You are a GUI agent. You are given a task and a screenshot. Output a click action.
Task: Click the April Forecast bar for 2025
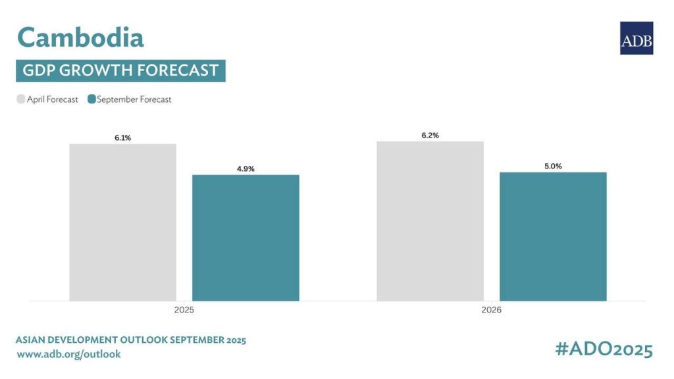[x=122, y=222]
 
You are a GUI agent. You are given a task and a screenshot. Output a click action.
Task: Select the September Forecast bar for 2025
[x=246, y=238]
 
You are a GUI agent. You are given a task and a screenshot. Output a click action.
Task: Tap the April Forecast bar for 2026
[x=430, y=221]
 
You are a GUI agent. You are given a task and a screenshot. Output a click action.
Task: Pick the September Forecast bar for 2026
[x=553, y=236]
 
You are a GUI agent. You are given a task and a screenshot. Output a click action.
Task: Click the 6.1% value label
[x=122, y=138]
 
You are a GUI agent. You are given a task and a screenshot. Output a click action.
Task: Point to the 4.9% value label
[x=246, y=169]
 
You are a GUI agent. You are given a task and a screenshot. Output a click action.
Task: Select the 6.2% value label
[x=430, y=136]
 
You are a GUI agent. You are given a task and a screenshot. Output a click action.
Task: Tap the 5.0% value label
[x=553, y=166]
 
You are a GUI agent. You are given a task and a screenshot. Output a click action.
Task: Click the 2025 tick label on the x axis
[x=184, y=309]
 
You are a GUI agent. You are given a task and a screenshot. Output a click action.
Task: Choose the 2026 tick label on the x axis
[x=491, y=309]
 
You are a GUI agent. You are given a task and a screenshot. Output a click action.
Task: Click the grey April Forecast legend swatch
[x=21, y=99]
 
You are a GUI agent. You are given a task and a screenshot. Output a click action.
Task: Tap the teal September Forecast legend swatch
[x=91, y=99]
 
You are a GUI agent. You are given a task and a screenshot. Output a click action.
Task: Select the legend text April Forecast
[x=53, y=99]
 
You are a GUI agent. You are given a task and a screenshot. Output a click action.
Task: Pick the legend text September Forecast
[x=134, y=99]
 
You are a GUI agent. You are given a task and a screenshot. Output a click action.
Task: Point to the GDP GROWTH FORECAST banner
[x=120, y=70]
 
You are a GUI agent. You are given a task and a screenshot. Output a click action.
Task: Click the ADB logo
[x=636, y=38]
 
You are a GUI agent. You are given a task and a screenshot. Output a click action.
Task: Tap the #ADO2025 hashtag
[x=604, y=349]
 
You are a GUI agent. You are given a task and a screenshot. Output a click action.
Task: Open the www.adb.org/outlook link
[x=68, y=355]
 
